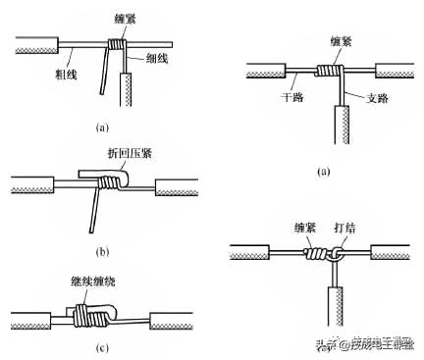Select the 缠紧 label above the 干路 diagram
(334, 41)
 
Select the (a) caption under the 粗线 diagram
(101, 126)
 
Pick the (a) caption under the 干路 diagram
(325, 171)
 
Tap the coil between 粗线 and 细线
(119, 45)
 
